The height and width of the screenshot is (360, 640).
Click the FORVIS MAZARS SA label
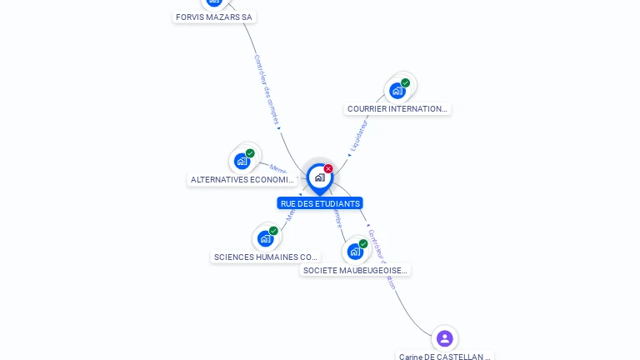click(x=214, y=17)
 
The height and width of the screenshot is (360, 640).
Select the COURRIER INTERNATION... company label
click(x=397, y=108)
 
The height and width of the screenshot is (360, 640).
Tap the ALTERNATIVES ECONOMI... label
click(x=242, y=179)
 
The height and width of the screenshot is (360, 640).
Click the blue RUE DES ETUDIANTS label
click(x=320, y=203)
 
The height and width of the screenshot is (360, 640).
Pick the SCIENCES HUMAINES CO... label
click(x=265, y=257)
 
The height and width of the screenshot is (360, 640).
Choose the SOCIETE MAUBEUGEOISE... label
click(x=355, y=270)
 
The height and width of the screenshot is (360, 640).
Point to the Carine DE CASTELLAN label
click(x=444, y=357)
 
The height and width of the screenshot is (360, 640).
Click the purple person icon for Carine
click(x=444, y=338)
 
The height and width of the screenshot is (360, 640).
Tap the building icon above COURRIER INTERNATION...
click(x=397, y=90)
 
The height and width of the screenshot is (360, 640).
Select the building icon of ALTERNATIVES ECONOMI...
click(x=242, y=161)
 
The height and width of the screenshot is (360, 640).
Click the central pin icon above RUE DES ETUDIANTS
click(x=319, y=177)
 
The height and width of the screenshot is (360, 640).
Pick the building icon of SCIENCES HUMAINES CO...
click(x=265, y=238)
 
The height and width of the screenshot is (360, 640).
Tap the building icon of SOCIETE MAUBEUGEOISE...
click(x=355, y=251)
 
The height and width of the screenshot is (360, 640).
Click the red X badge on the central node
click(x=328, y=168)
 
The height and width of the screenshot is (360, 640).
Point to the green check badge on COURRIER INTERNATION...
click(x=406, y=82)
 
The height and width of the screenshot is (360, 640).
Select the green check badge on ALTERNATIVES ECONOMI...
click(x=250, y=153)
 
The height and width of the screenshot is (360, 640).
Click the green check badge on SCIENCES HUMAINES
click(x=273, y=231)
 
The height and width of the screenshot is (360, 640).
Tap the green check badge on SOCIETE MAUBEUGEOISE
click(x=363, y=243)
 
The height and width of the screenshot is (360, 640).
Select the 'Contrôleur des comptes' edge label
click(x=266, y=89)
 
